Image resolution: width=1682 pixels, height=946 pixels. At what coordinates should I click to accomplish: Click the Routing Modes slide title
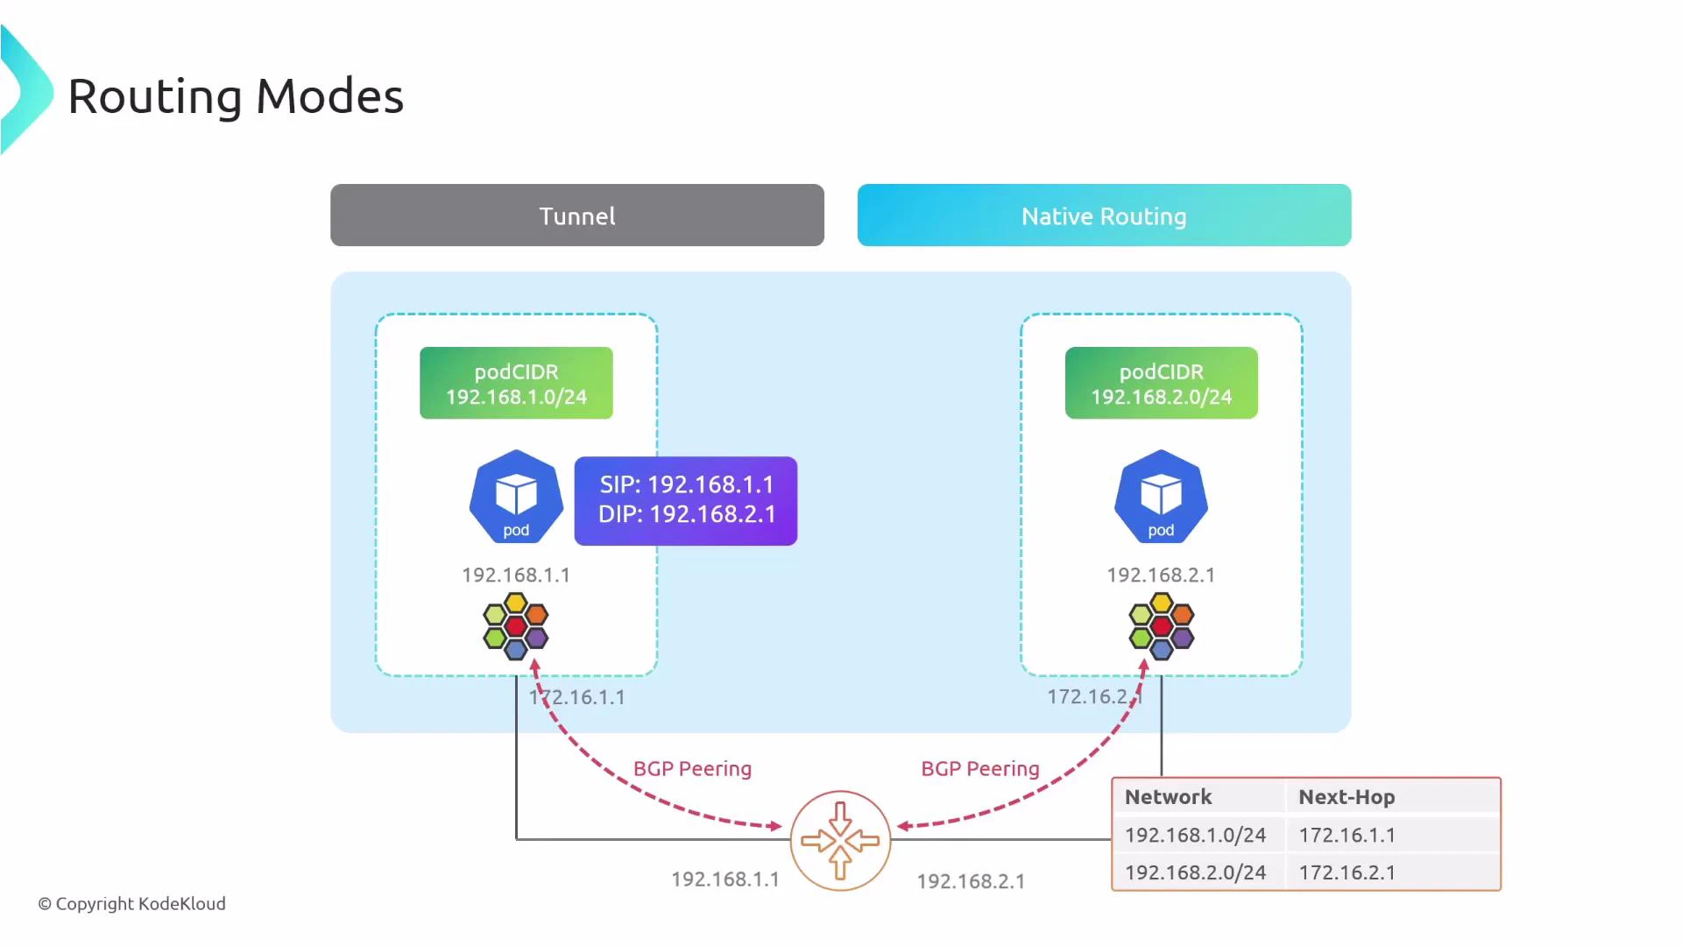click(x=235, y=96)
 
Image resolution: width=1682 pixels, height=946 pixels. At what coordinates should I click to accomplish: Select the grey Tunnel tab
click(x=576, y=215)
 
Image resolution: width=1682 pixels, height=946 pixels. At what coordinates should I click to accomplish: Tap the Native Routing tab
click(x=1104, y=215)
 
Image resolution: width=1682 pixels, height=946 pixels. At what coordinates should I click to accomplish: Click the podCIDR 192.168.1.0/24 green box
click(x=516, y=384)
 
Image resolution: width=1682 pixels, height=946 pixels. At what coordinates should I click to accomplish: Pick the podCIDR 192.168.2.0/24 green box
click(x=1161, y=384)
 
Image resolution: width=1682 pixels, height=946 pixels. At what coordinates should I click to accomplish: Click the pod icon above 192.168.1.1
click(x=516, y=497)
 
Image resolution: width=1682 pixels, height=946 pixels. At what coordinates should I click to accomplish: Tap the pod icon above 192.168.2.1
click(x=1161, y=497)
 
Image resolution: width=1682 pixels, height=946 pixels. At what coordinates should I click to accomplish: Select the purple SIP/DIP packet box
click(x=686, y=500)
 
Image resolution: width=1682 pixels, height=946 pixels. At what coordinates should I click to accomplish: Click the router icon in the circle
click(x=840, y=841)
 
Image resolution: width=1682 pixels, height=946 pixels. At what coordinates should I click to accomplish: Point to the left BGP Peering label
click(x=692, y=769)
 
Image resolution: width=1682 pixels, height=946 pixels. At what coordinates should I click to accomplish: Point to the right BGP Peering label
click(x=979, y=769)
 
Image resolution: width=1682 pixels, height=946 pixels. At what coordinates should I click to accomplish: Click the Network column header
click(x=1168, y=797)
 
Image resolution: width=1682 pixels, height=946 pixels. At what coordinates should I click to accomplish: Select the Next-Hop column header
click(x=1346, y=797)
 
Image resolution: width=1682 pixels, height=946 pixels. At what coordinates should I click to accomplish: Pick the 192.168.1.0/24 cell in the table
click(x=1195, y=836)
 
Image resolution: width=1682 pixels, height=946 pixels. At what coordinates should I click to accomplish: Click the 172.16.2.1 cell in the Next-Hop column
click(x=1346, y=872)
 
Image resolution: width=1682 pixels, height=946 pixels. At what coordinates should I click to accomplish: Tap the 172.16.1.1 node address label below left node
click(x=577, y=697)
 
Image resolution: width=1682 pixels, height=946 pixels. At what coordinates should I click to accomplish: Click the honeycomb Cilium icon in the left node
click(x=516, y=626)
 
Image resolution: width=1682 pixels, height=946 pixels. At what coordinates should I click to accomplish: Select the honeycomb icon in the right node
click(x=1161, y=626)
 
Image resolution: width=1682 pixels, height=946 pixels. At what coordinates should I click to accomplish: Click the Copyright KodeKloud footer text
click(x=131, y=904)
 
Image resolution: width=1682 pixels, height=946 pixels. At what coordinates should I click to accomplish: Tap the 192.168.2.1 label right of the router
click(x=971, y=881)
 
